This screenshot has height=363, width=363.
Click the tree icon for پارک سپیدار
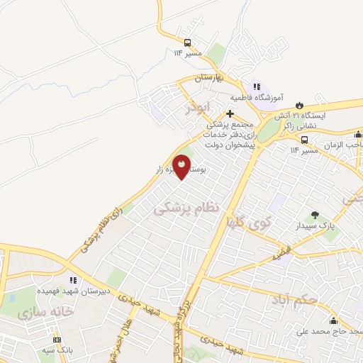pyautogui.click(x=315, y=215)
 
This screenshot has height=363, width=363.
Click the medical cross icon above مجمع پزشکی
pyautogui.click(x=229, y=113)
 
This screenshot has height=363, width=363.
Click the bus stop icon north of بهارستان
pyautogui.click(x=188, y=42)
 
